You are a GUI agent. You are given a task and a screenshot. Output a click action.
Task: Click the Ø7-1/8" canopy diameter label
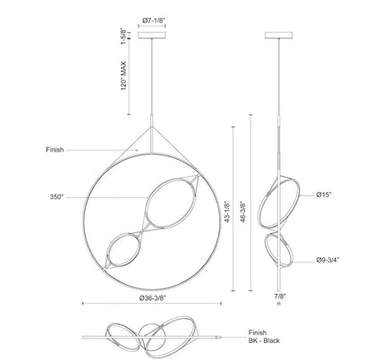click(x=154, y=21)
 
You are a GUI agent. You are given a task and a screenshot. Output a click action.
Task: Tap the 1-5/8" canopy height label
click(x=123, y=36)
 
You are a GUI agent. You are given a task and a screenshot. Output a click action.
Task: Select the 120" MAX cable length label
click(x=123, y=76)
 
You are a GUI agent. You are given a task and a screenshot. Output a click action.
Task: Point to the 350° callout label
click(x=56, y=197)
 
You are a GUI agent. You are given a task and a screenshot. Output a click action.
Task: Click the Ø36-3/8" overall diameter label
click(x=152, y=297)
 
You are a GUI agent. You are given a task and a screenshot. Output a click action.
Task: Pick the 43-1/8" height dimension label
click(x=227, y=213)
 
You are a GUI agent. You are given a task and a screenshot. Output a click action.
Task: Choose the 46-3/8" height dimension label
click(x=244, y=213)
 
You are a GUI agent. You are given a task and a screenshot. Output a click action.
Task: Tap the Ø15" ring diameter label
click(x=324, y=195)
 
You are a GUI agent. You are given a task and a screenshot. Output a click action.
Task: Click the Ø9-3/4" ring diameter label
click(x=327, y=260)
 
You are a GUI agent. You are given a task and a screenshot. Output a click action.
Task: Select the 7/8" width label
click(x=280, y=297)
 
